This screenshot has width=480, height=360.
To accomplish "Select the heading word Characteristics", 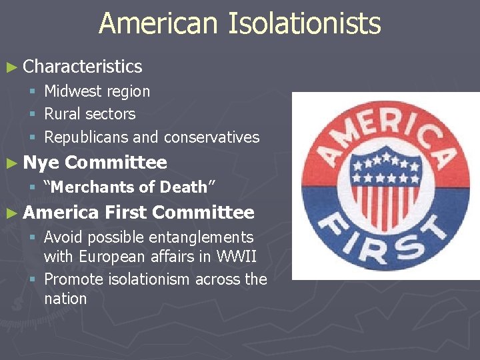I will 82,67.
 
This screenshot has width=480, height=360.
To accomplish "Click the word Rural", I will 61,114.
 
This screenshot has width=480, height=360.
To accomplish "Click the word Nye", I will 41,162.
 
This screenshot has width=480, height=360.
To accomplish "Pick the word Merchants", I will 94,187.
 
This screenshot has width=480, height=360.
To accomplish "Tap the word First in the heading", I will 125,213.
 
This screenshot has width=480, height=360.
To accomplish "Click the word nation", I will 65,299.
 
